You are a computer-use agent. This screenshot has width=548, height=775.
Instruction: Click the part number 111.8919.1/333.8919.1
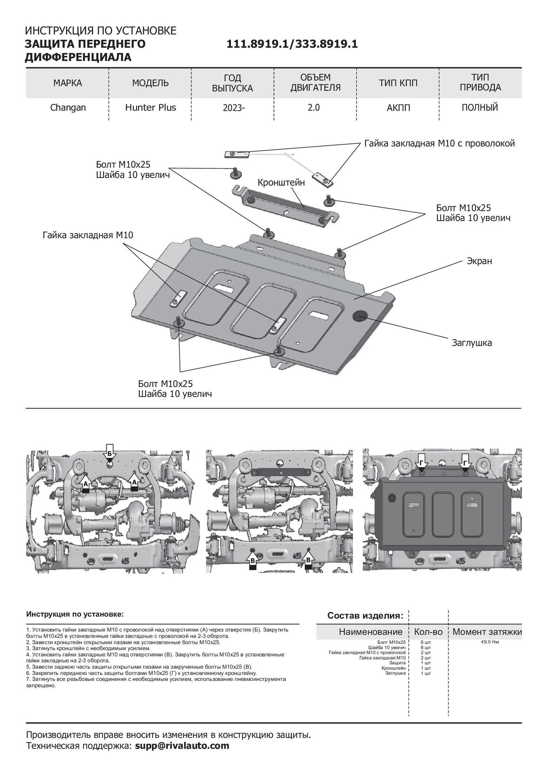click(x=292, y=44)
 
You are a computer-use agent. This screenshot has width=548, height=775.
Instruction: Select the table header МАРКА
click(x=68, y=83)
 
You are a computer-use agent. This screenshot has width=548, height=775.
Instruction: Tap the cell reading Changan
click(x=68, y=108)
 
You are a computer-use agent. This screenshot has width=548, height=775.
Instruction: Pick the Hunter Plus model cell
click(x=151, y=108)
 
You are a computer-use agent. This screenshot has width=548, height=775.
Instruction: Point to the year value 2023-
click(x=232, y=108)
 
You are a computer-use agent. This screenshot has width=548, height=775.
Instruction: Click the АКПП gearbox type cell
click(x=398, y=108)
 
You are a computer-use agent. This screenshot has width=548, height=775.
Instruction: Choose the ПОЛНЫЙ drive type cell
click(x=480, y=108)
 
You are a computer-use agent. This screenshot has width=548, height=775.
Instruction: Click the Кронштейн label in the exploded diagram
click(x=281, y=183)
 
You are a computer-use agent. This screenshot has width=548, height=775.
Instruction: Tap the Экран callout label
click(x=479, y=261)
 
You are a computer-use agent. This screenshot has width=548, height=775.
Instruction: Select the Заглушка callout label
click(x=472, y=343)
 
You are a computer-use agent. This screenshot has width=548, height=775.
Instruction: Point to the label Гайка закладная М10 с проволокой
click(x=439, y=143)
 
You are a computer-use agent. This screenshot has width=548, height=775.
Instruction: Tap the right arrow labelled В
click(x=308, y=560)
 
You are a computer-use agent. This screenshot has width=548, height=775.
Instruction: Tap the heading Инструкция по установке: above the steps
click(x=75, y=614)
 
